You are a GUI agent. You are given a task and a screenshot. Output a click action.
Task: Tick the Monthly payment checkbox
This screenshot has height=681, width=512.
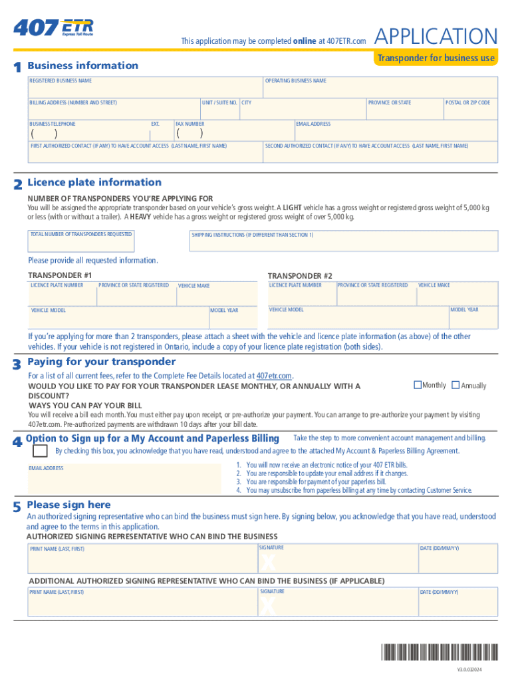(418, 385)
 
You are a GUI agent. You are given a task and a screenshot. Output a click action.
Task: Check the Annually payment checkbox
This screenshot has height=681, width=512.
(455, 385)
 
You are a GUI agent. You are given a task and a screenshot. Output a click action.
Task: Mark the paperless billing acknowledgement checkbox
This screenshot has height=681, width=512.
(40, 450)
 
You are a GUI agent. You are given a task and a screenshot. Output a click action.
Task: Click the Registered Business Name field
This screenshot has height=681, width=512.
(145, 88)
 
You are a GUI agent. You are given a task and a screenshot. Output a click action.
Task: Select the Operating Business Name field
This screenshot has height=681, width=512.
(380, 88)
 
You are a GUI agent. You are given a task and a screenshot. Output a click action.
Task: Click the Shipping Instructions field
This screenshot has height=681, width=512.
(343, 241)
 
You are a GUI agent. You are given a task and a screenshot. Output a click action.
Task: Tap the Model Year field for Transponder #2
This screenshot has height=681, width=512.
(473, 317)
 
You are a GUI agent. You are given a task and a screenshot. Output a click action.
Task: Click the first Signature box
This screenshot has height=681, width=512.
(337, 559)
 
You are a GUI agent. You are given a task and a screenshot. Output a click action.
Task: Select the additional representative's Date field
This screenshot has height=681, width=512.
(457, 602)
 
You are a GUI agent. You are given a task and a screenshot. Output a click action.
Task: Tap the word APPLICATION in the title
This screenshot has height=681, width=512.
(436, 37)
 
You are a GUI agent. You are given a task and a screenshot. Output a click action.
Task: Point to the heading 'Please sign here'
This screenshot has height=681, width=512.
(68, 505)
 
